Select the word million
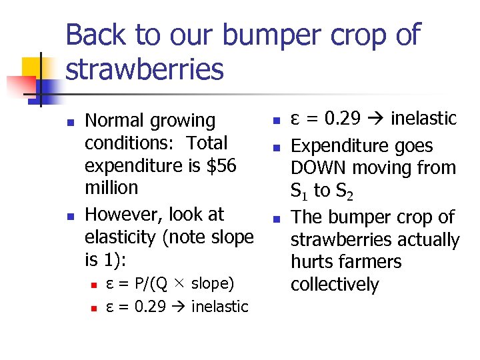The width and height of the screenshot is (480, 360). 111,188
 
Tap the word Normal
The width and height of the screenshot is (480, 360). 116,121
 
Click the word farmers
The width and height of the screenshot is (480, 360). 371,262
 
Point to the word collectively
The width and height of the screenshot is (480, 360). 335,285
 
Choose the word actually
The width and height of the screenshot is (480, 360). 424,239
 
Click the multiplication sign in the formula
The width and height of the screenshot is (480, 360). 179,285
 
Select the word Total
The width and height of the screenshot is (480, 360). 207,143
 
